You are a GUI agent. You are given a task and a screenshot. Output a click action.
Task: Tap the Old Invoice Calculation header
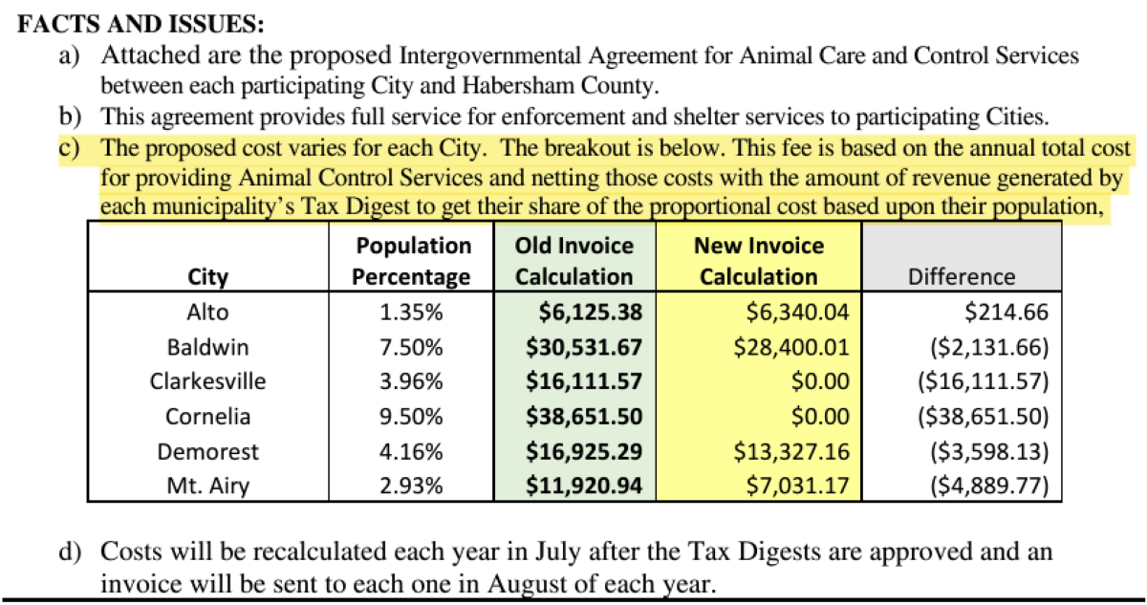[574, 261]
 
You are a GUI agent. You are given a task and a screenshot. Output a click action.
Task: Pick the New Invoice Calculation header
[758, 261]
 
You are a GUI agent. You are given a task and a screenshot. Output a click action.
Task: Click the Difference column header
[962, 277]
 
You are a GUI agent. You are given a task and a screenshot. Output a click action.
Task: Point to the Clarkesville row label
[208, 381]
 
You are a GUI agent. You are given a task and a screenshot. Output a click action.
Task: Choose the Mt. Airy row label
[208, 486]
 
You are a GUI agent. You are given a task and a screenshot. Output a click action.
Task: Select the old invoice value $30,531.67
[583, 347]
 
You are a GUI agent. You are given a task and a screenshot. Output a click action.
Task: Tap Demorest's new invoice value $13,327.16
[791, 451]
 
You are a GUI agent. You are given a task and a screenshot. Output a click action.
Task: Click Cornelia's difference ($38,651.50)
[984, 417]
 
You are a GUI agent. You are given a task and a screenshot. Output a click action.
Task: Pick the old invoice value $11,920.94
[583, 486]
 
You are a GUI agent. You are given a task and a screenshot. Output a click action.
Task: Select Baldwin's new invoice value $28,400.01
[791, 347]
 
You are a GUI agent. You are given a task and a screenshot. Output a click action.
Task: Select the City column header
[208, 277]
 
